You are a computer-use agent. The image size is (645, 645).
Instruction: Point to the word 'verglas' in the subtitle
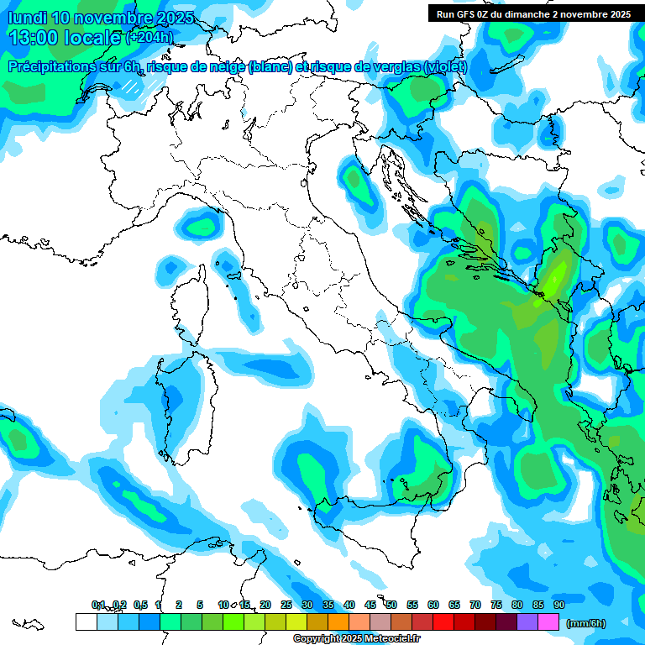396,67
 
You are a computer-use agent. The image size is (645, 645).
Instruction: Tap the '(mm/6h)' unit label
585,623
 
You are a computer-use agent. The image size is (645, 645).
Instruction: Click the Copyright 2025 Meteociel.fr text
356,639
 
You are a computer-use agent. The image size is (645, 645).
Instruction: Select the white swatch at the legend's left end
86,621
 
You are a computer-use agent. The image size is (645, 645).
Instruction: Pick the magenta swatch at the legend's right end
548,621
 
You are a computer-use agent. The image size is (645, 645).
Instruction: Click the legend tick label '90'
558,605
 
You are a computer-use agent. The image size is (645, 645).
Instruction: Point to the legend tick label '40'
349,605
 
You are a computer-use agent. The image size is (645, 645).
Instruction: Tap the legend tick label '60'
433,605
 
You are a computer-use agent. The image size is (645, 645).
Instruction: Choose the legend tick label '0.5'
140,605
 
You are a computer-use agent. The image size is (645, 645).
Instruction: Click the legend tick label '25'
286,605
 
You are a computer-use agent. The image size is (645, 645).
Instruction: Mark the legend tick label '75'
496,605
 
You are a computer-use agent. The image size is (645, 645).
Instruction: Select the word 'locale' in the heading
92,38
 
